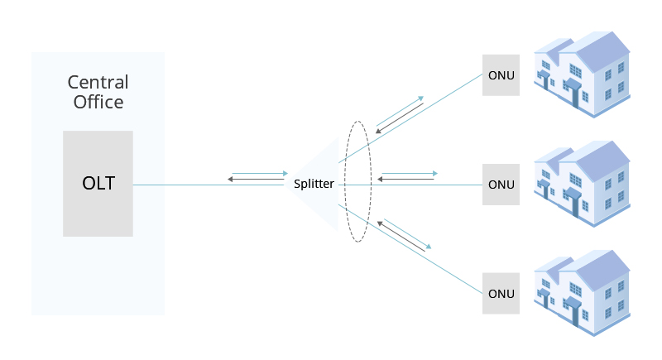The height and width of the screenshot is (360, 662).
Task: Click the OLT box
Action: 98,183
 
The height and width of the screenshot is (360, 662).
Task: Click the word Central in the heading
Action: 98,83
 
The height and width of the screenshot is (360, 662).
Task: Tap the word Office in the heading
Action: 98,103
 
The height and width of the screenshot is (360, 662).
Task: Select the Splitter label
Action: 314,184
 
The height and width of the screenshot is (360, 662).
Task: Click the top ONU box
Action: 501,75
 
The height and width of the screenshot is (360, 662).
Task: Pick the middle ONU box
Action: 501,184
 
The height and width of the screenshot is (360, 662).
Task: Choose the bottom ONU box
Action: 501,293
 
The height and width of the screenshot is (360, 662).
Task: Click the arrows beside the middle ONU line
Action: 407,176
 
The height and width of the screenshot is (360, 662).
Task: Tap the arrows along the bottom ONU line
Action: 405,235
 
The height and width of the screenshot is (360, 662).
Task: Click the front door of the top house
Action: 574,96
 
